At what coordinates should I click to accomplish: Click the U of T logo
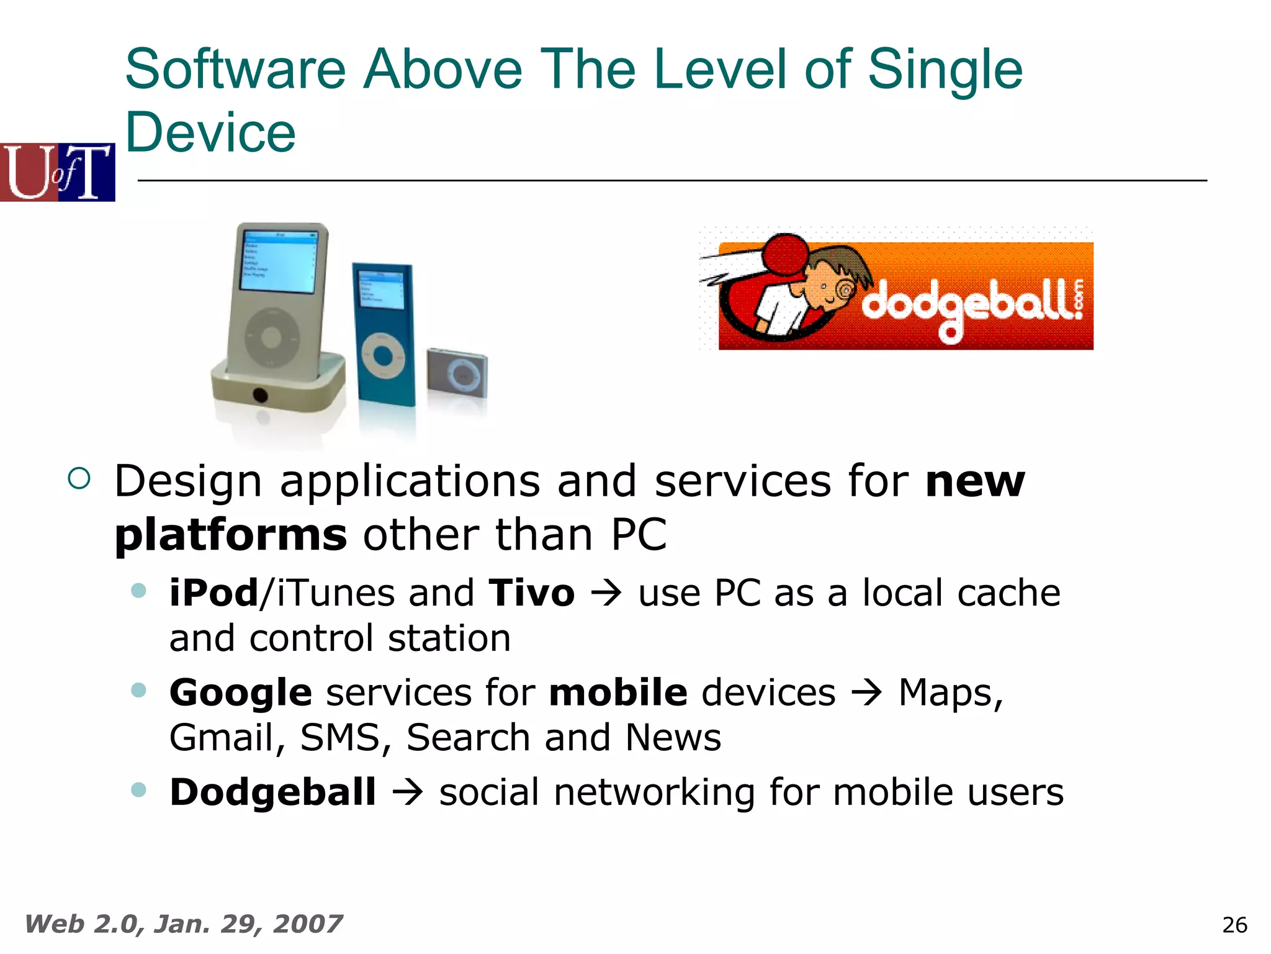pos(58,172)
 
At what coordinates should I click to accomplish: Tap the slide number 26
pos(1234,925)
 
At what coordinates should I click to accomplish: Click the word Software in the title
pos(235,70)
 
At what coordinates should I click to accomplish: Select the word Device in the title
pos(210,133)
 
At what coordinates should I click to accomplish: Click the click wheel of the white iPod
pos(271,337)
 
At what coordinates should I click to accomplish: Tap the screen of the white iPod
pos(279,261)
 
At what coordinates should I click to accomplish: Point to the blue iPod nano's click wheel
pos(383,355)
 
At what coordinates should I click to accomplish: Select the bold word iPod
pos(213,593)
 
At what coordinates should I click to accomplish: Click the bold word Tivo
pos(531,593)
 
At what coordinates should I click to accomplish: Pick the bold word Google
pos(240,693)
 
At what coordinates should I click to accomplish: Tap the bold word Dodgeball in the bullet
pos(273,793)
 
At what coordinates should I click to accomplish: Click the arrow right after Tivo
pos(606,594)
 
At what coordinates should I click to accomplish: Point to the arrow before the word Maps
pos(866,693)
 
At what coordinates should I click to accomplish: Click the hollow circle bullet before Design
pos(79,478)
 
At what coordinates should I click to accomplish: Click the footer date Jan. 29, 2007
pos(248,924)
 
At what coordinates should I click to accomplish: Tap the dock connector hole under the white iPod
pos(260,394)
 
